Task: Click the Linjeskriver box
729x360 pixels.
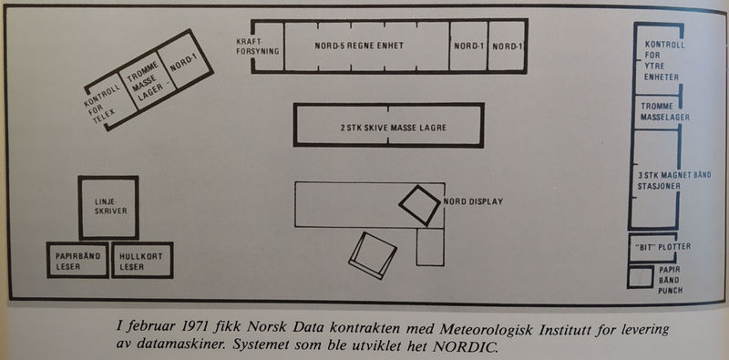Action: [108, 208]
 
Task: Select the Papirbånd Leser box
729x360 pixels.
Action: [77, 260]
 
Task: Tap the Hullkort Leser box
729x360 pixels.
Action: [142, 260]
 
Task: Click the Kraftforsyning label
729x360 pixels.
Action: [258, 46]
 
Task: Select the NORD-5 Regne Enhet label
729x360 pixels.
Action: [359, 46]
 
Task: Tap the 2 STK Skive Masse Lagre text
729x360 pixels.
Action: [394, 128]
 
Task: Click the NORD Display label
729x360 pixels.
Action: [473, 201]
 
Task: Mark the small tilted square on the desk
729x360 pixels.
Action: [420, 205]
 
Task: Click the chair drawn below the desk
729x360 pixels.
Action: [373, 255]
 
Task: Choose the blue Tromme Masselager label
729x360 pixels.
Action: [665, 111]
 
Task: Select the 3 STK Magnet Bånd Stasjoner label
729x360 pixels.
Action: [674, 180]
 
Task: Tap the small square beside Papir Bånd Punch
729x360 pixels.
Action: [641, 277]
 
